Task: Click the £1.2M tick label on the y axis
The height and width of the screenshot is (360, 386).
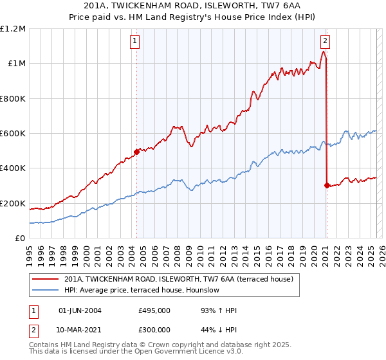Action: coord(13,29)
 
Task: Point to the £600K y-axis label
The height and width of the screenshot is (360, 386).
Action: coord(13,134)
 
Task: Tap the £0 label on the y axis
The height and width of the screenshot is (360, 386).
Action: coord(20,239)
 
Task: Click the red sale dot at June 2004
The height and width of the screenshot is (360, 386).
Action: coord(136,152)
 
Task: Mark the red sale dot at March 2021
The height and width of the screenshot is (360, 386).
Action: coord(327,185)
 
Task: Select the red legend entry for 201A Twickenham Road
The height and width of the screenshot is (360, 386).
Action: coord(179,279)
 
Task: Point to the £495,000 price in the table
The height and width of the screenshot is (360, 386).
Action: coord(154,310)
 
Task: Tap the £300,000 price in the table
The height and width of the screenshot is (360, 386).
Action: coord(154,329)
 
